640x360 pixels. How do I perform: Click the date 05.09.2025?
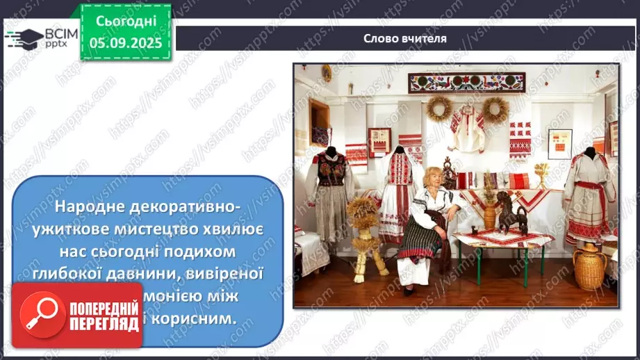click(126, 42)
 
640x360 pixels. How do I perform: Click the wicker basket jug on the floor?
click(589, 266)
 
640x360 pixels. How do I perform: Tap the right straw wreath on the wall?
click(495, 108)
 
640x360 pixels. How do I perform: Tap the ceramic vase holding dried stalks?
click(489, 212)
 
